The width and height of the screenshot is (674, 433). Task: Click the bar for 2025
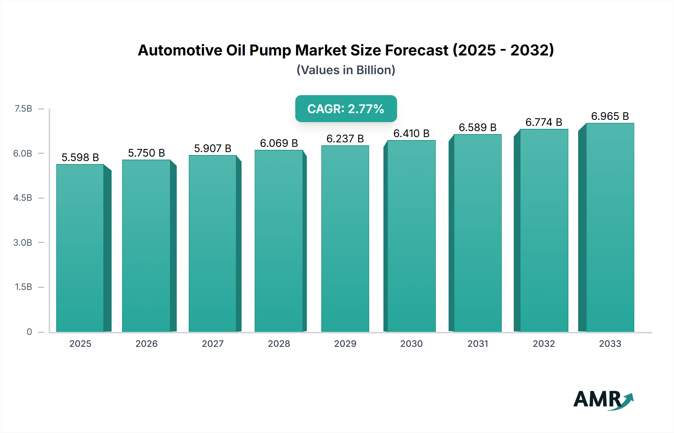point(80,248)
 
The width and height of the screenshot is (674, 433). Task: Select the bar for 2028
point(279,241)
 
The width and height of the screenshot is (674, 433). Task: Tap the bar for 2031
point(477,233)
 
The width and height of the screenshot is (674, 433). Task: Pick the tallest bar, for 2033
point(610,227)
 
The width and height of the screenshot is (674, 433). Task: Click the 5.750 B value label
point(146,153)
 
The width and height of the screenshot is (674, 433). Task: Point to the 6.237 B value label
point(345,139)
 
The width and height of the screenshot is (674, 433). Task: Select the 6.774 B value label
point(544,122)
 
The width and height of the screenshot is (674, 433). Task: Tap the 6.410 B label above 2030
point(411,133)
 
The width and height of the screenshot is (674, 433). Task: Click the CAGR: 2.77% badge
point(346,109)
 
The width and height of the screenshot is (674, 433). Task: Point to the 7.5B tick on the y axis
point(23,109)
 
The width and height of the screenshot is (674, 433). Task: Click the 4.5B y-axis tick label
point(23,198)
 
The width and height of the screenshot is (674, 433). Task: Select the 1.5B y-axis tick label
point(23,287)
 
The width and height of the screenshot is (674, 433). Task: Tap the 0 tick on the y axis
point(29,331)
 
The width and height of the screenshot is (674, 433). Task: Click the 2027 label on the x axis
point(213,343)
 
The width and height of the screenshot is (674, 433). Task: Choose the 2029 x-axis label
point(345,343)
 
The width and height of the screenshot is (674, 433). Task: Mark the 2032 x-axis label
point(544,343)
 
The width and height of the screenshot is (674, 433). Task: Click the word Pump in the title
point(270,50)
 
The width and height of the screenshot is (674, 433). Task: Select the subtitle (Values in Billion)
point(346,70)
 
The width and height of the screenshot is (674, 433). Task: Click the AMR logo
point(603,399)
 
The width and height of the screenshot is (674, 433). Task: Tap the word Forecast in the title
point(416,50)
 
